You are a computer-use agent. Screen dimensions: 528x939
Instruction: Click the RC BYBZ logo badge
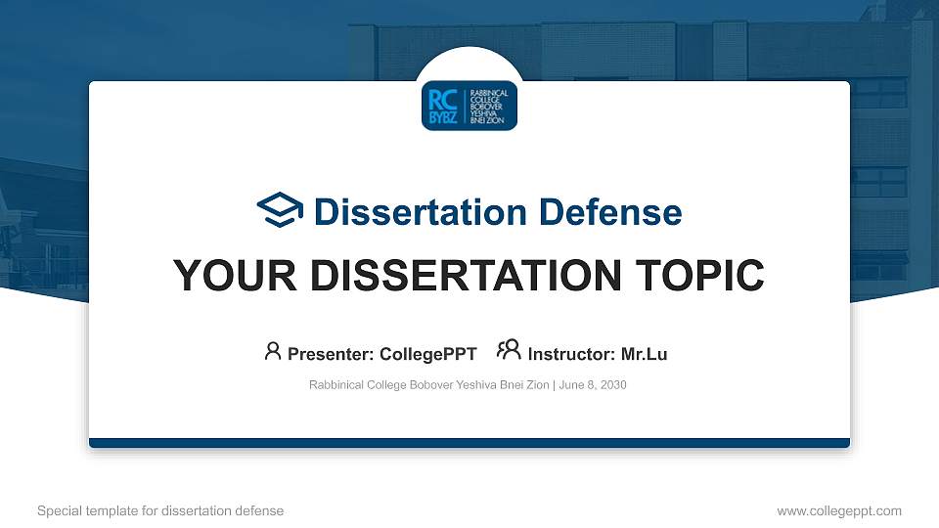click(x=469, y=106)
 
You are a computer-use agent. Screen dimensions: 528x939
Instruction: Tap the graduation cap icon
click(x=280, y=211)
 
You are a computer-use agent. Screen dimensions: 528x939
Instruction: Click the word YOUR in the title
click(x=221, y=277)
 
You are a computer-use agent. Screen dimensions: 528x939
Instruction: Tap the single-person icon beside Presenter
click(x=273, y=351)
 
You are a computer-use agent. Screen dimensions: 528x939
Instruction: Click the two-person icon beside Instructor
click(x=509, y=351)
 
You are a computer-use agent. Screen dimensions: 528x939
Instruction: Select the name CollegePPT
click(x=428, y=354)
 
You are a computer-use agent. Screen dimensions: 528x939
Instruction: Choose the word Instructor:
click(x=571, y=354)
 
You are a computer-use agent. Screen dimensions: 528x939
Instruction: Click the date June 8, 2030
click(x=593, y=385)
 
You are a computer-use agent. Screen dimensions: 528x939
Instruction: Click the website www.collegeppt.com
click(x=838, y=510)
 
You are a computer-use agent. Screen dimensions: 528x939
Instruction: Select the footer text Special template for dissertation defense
click(x=160, y=510)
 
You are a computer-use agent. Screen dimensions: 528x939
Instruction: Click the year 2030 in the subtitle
click(x=613, y=385)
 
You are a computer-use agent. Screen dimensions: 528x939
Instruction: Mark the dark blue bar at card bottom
click(x=469, y=443)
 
